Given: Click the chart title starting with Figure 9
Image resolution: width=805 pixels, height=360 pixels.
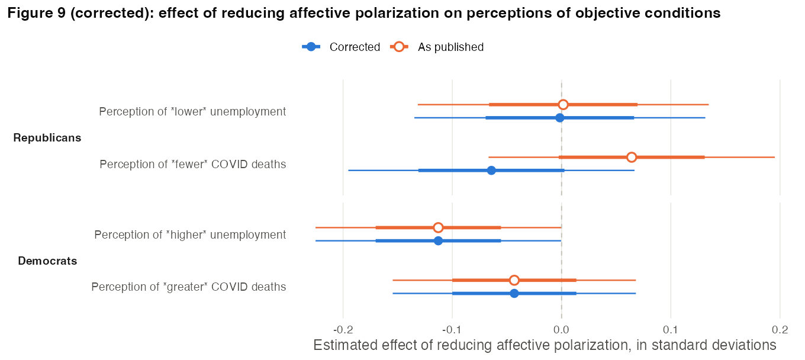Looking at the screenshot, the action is pyautogui.click(x=363, y=13).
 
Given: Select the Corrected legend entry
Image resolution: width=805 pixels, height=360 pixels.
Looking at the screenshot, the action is pyautogui.click(x=341, y=47).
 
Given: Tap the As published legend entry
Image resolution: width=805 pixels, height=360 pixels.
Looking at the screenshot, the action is pyautogui.click(x=437, y=47).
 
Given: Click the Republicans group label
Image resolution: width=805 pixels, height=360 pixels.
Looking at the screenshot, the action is pyautogui.click(x=47, y=138).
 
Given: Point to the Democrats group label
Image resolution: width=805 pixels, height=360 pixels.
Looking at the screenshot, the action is pyautogui.click(x=47, y=261).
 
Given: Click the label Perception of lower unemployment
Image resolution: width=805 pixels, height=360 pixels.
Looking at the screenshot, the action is pyautogui.click(x=192, y=111).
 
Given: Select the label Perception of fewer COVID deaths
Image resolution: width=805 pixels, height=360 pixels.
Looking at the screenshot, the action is pyautogui.click(x=192, y=164).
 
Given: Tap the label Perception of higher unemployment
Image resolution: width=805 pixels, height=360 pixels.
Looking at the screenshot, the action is pyautogui.click(x=190, y=234).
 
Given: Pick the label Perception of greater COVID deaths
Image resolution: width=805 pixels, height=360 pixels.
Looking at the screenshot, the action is pyautogui.click(x=189, y=287).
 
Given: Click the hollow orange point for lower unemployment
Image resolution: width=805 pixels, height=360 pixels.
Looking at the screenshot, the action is pyautogui.click(x=563, y=105).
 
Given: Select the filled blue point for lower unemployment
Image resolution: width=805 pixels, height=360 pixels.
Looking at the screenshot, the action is pyautogui.click(x=559, y=118).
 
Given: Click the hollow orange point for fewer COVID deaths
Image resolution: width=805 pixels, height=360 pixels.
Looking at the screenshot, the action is pyautogui.click(x=632, y=157).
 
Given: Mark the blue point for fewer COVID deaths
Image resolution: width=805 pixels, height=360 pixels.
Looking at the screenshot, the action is pyautogui.click(x=491, y=170).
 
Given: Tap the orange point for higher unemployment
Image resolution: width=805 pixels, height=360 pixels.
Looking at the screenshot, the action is pyautogui.click(x=438, y=227).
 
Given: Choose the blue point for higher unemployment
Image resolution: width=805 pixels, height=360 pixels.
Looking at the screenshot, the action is pyautogui.click(x=438, y=240).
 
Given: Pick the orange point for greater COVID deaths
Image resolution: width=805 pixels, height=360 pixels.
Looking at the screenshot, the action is pyautogui.click(x=514, y=280).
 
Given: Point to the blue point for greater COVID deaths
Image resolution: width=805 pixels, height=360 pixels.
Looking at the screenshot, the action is pyautogui.click(x=514, y=293).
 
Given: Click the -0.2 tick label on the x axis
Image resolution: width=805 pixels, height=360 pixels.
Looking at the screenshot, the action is pyautogui.click(x=343, y=330).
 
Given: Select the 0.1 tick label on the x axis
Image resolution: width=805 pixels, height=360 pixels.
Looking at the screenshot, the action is pyautogui.click(x=671, y=330).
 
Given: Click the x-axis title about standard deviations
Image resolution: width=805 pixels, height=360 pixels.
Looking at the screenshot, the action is pyautogui.click(x=545, y=345).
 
